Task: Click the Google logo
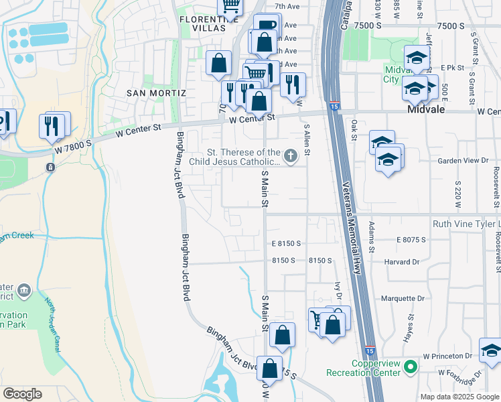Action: coord(23,394)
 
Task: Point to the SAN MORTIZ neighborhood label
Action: coord(155,92)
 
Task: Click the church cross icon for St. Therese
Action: coord(290,156)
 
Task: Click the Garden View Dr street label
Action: coord(463,161)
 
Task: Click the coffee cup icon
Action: coord(267,25)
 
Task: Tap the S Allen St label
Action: coord(307,139)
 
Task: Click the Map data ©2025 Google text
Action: coord(459,397)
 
